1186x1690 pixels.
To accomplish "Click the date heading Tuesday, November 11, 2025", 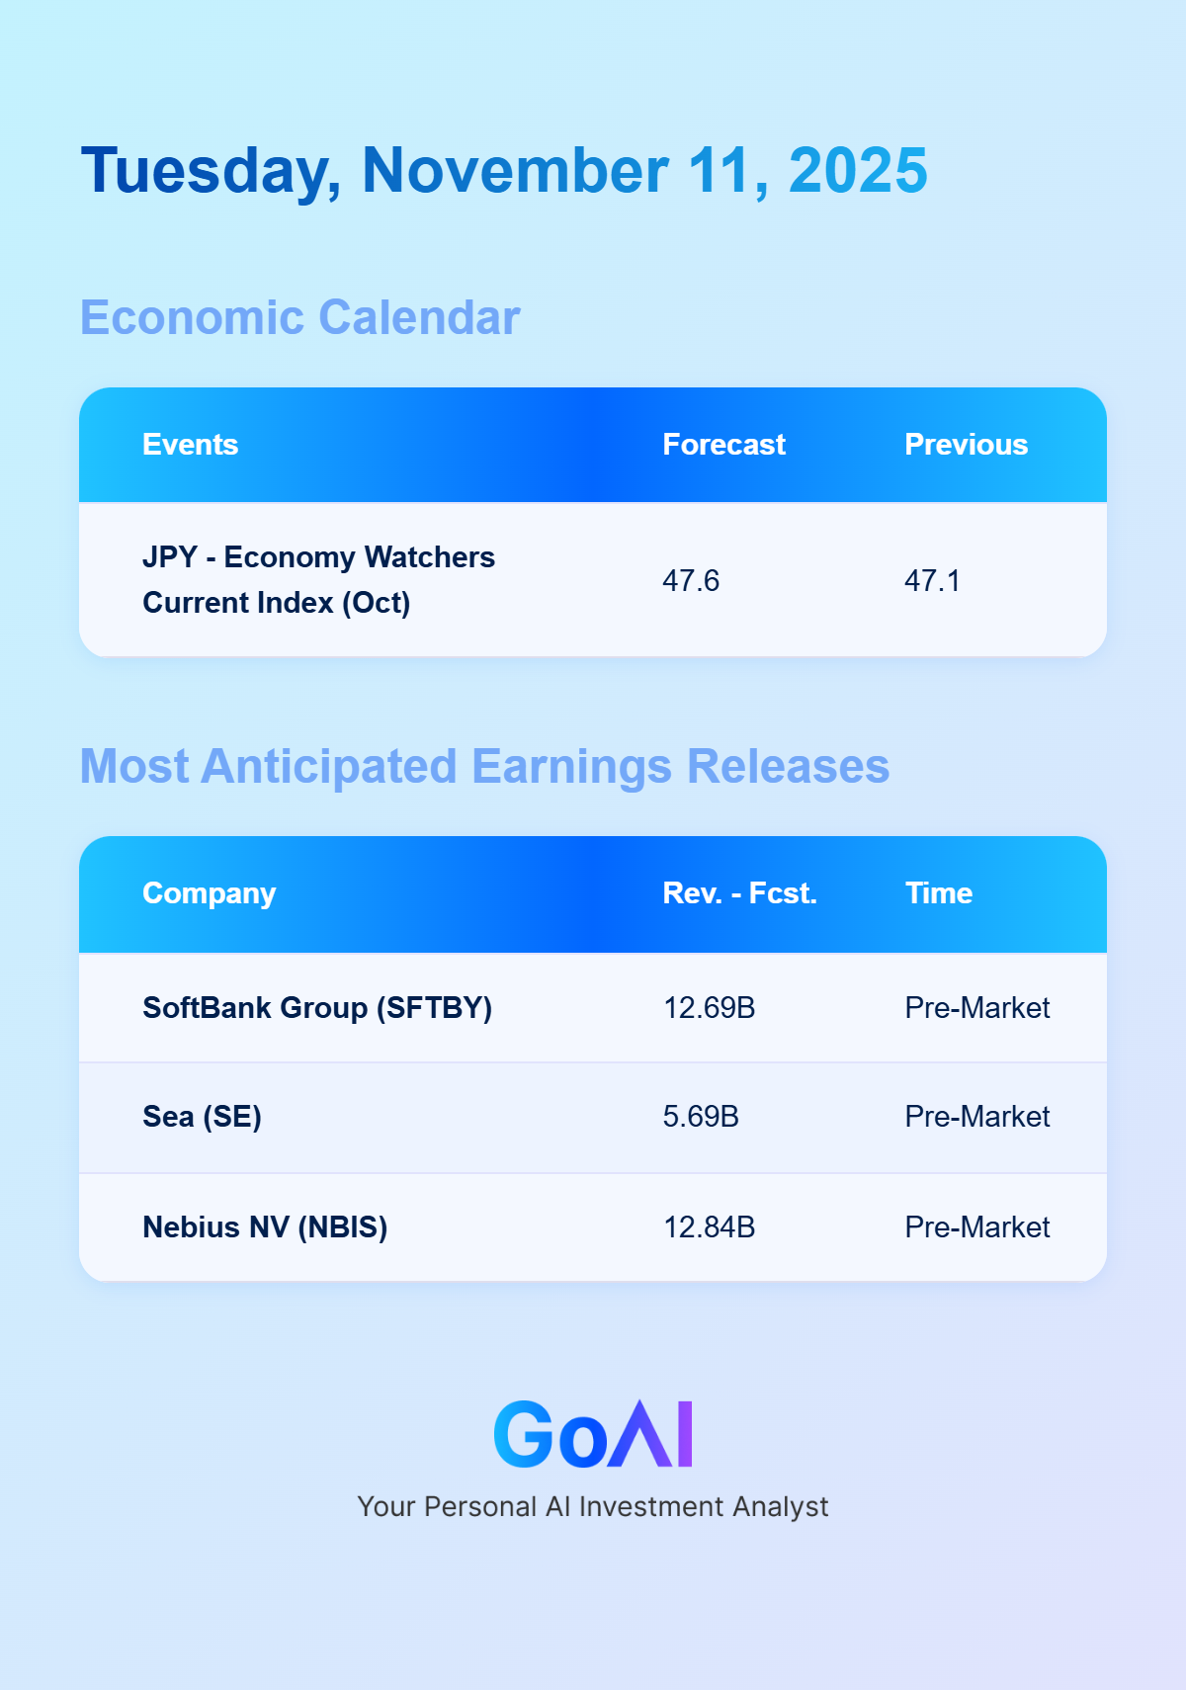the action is [x=504, y=171].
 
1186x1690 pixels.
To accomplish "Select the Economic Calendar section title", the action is [x=299, y=317].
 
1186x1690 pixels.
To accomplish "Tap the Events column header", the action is [x=190, y=445].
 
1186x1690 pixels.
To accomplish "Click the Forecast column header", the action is [x=723, y=445].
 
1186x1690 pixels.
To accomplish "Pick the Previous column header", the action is [x=966, y=445].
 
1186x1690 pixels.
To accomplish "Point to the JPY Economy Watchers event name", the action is [x=318, y=579].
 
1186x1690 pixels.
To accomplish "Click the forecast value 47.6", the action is [x=690, y=581].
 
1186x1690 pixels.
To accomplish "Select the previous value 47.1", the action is [x=932, y=581].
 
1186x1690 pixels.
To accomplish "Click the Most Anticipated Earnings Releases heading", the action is [x=484, y=767].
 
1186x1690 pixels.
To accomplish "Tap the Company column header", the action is [x=209, y=893].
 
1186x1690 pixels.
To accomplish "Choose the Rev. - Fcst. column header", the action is [x=739, y=893].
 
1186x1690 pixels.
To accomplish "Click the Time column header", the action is [x=939, y=893].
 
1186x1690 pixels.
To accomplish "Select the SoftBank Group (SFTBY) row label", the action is [x=317, y=1008].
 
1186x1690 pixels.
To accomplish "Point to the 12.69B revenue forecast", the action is [x=709, y=1008].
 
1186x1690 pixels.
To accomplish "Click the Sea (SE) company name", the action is [x=202, y=1117].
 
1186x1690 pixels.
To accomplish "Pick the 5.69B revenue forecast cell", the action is [x=700, y=1117].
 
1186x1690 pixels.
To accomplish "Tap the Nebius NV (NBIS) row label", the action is [x=265, y=1227].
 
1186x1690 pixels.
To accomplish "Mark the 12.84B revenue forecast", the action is [x=709, y=1227].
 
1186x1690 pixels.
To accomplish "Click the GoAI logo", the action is [x=593, y=1433].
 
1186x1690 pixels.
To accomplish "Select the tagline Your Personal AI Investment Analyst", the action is [x=593, y=1506].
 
